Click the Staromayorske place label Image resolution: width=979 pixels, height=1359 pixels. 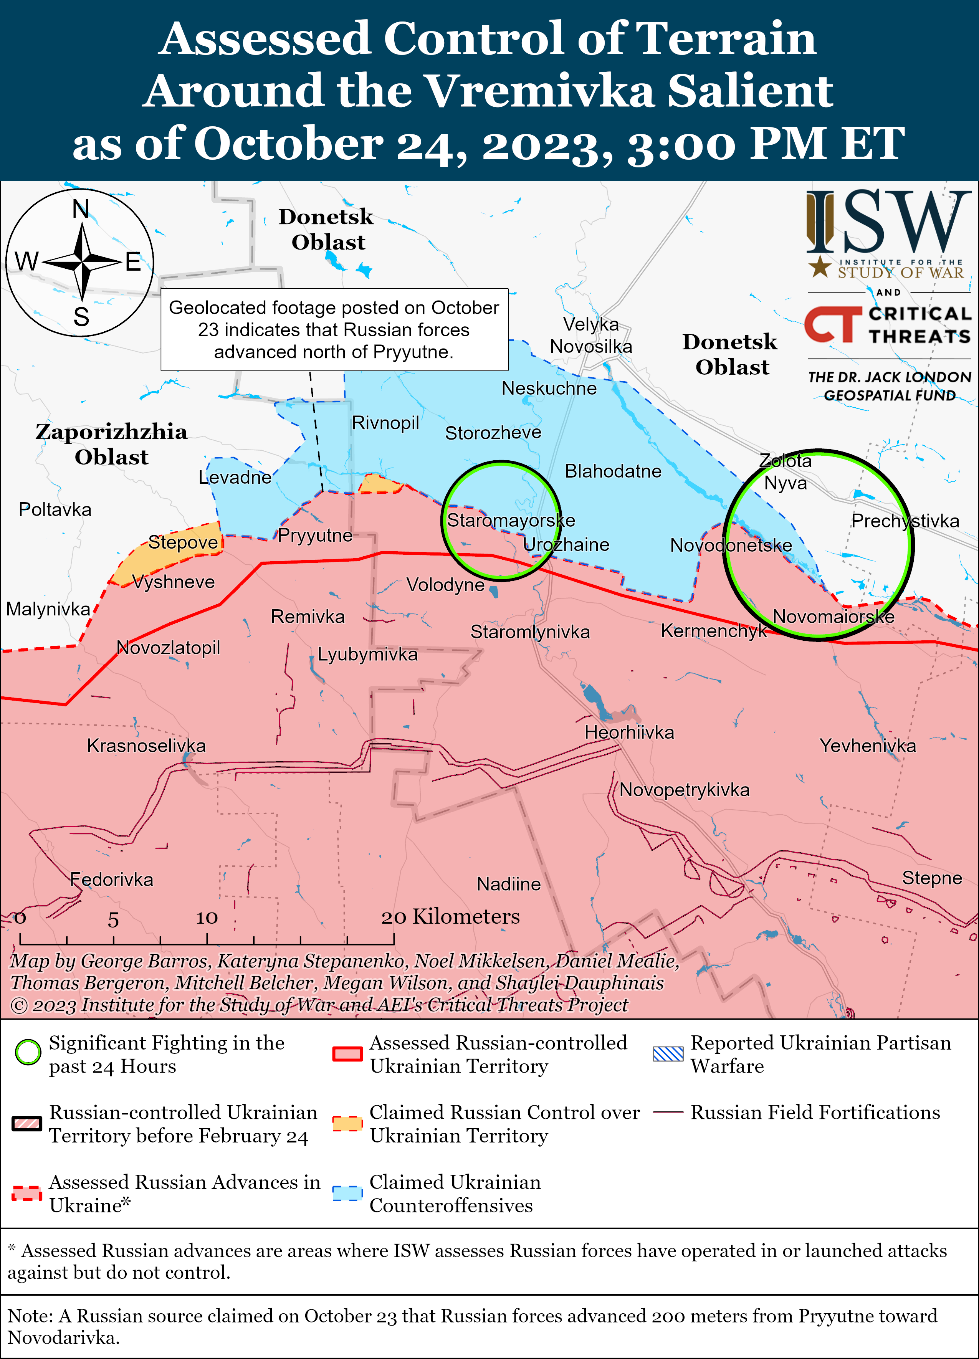tap(511, 520)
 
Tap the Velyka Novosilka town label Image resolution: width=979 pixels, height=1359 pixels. tap(591, 336)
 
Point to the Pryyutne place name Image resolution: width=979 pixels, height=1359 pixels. tap(315, 535)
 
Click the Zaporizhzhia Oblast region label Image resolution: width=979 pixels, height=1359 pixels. tap(111, 444)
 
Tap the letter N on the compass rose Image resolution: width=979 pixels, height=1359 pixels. tap(81, 209)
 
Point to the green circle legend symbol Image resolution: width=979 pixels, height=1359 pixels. tap(28, 1052)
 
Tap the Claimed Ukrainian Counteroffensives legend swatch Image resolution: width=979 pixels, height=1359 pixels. tap(347, 1194)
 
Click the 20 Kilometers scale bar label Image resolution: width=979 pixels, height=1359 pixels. tap(451, 916)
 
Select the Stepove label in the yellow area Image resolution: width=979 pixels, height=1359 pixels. tap(183, 542)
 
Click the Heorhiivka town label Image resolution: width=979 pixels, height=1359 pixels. tap(629, 732)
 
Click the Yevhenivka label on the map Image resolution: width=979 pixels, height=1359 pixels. tap(868, 746)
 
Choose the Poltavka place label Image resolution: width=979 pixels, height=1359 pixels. tap(55, 510)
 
